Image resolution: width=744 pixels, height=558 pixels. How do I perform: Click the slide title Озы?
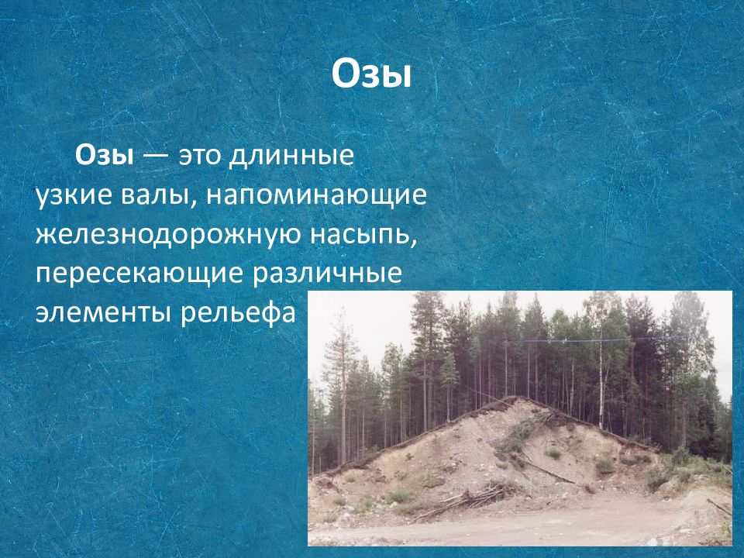click(x=371, y=75)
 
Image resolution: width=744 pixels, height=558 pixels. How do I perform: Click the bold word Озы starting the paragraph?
click(x=105, y=155)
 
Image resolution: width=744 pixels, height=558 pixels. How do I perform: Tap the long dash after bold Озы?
click(x=156, y=157)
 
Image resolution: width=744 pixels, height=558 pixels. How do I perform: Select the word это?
click(x=200, y=156)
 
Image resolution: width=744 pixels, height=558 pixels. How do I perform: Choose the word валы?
click(x=155, y=196)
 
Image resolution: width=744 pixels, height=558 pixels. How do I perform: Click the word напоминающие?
click(x=316, y=196)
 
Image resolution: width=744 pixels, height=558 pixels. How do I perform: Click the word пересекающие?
click(x=139, y=274)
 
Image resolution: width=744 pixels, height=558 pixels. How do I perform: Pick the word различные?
click(x=327, y=274)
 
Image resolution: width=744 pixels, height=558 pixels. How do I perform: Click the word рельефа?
click(x=238, y=313)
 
